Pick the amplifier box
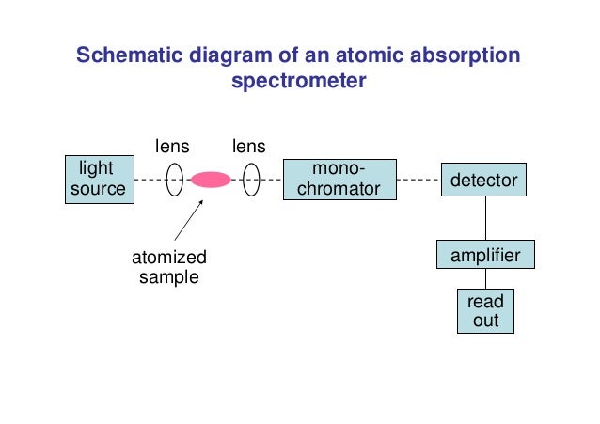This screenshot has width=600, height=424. click(x=485, y=255)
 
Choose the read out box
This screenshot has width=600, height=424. click(x=485, y=311)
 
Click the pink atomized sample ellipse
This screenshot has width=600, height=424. click(x=211, y=179)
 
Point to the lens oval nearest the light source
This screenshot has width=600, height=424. click(x=174, y=179)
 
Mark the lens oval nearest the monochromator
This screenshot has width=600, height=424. click(x=251, y=179)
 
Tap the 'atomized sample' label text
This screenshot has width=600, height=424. click(x=169, y=267)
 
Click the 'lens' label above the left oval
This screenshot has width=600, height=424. click(x=172, y=146)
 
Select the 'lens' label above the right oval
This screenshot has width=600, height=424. click(x=249, y=146)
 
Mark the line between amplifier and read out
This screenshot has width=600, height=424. click(x=485, y=279)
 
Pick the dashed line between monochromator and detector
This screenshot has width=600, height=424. click(x=418, y=179)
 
